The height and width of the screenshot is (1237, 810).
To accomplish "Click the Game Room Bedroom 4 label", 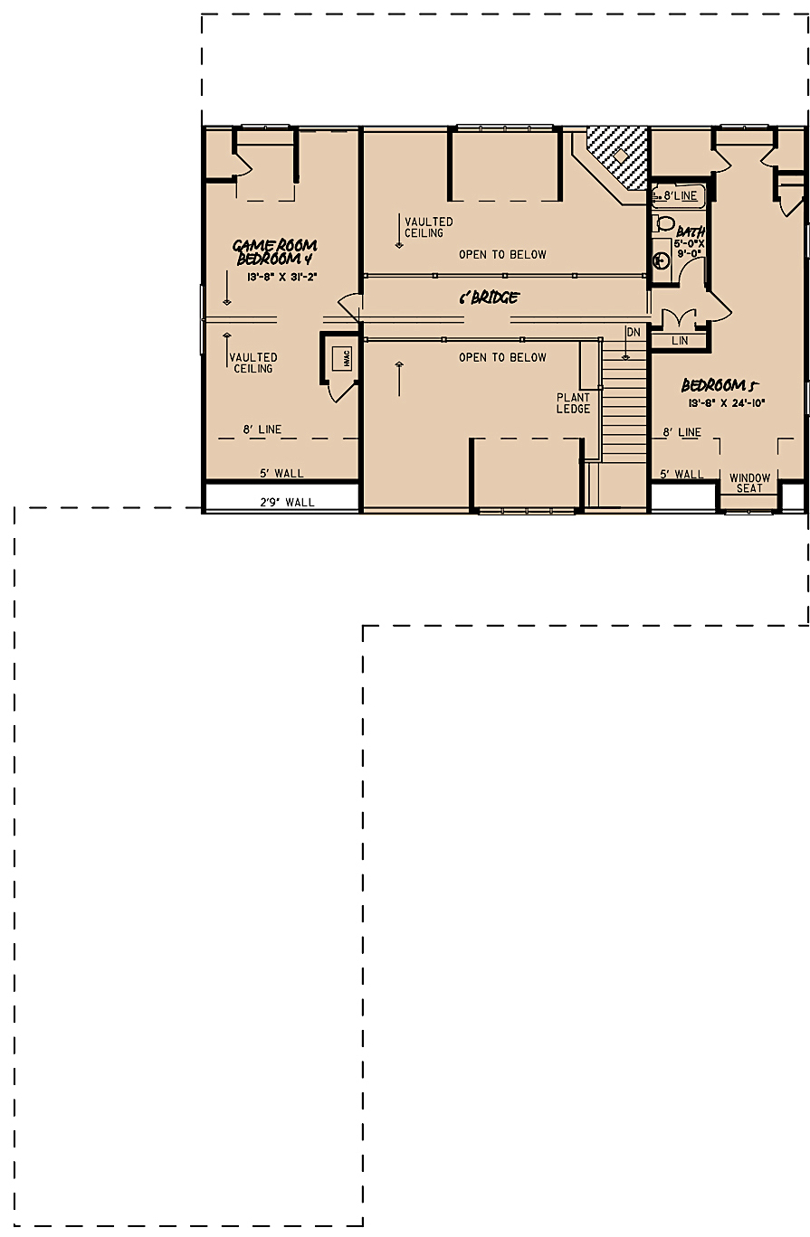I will click(x=275, y=252).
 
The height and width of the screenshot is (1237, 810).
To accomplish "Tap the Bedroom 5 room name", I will click(x=719, y=385).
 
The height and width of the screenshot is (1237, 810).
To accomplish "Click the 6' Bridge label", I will click(x=489, y=297).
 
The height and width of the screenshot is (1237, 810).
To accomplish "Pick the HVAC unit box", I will click(x=345, y=358).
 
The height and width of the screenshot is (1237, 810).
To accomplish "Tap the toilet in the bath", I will click(x=664, y=223).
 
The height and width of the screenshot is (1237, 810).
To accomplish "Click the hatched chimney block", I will click(x=619, y=156).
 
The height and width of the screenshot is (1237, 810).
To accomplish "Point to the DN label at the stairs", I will click(x=633, y=333).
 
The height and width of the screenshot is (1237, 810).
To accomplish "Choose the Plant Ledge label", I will click(x=573, y=403).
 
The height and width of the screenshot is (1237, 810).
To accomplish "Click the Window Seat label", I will click(x=749, y=483).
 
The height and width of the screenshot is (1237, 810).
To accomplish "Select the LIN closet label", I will click(x=681, y=341).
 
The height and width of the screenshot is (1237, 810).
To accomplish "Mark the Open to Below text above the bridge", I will click(x=502, y=255).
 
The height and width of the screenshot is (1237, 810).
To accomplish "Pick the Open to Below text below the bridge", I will click(x=502, y=358).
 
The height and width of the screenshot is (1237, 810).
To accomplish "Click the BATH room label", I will click(x=691, y=231).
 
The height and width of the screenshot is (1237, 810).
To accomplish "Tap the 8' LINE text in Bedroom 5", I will click(x=681, y=432).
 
